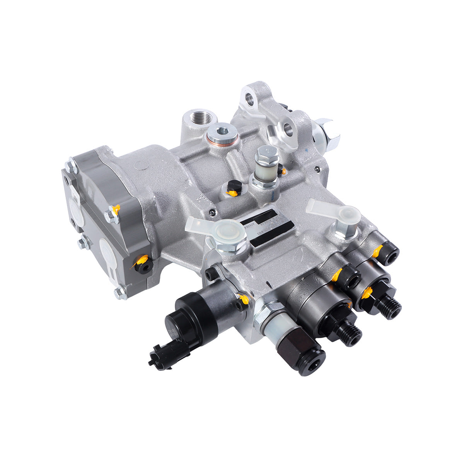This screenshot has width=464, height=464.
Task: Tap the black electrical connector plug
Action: pyautogui.click(x=162, y=352)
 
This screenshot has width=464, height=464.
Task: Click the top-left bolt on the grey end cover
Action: pyautogui.click(x=71, y=165)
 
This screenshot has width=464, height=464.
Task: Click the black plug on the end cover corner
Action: pyautogui.click(x=144, y=265)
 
